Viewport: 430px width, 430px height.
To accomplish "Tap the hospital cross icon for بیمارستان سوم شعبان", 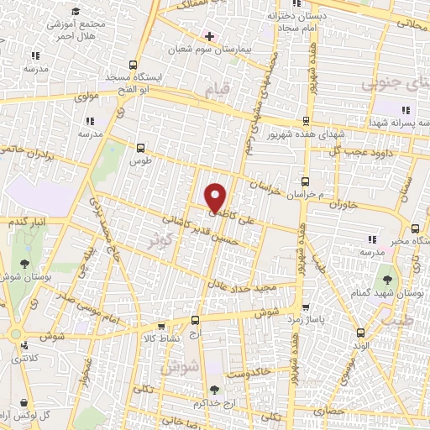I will click(209, 36).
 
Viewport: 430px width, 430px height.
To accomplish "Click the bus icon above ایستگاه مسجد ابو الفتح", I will click(134, 66).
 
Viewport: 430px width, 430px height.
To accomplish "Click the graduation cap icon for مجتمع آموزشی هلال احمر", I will click(76, 11).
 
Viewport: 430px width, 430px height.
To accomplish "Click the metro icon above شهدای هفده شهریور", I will click(307, 120).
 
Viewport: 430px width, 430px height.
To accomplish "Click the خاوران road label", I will click(343, 204).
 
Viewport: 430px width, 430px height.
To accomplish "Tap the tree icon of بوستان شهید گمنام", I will click(388, 278).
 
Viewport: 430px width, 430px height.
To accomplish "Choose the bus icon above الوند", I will click(361, 332).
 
